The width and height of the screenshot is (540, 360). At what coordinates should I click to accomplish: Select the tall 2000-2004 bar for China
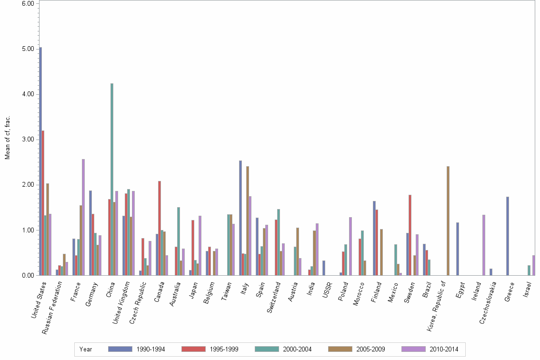click(x=112, y=179)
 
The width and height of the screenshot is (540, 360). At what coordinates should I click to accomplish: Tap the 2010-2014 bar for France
click(x=83, y=217)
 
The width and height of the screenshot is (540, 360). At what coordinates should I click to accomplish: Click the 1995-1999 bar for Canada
click(x=160, y=228)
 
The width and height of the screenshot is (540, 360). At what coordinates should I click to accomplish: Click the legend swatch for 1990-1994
click(x=120, y=349)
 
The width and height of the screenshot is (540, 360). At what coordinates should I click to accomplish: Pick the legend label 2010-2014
click(x=444, y=350)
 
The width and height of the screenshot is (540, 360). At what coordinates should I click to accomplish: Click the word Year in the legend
click(x=86, y=350)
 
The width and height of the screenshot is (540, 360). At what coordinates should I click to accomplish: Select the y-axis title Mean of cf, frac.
click(x=7, y=137)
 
